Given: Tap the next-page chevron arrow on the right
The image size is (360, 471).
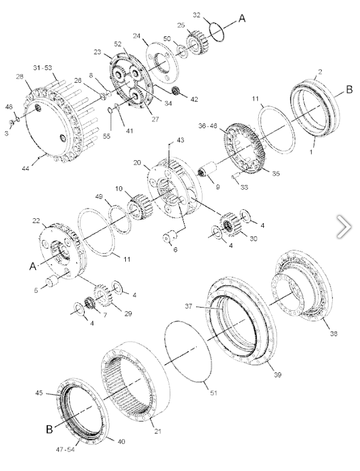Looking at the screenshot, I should point(344,225).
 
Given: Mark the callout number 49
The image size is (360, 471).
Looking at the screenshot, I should point(99,197).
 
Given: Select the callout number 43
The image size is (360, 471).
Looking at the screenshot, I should point(180,140).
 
